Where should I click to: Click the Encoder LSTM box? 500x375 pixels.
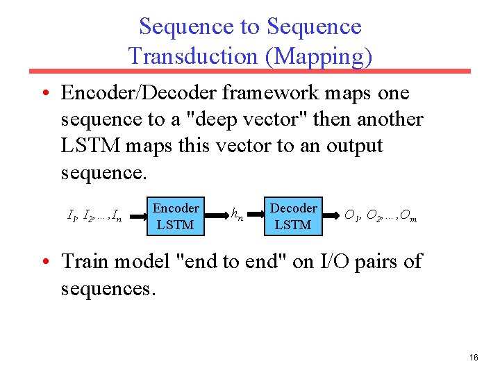coord(176,216)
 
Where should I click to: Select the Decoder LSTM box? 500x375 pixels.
coord(293,216)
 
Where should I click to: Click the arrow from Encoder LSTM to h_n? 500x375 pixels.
coord(215,216)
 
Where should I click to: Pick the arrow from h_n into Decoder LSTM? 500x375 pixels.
coord(256,216)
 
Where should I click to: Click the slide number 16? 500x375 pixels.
coord(474,357)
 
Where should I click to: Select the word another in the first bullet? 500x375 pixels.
coord(390,119)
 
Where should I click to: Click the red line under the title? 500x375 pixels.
coord(250,71)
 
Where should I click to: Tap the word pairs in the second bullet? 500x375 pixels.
coord(376,262)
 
